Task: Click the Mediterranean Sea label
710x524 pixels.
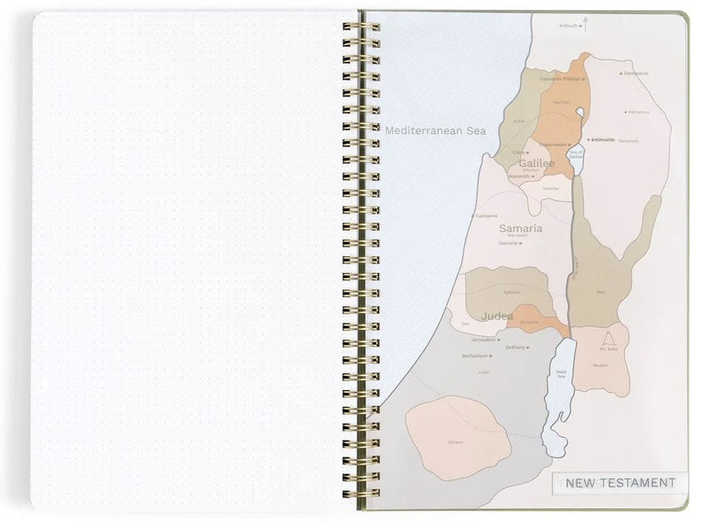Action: (436, 130)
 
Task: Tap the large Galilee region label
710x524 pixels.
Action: (536, 164)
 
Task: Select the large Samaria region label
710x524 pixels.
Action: (521, 228)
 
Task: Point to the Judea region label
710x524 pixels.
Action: (497, 315)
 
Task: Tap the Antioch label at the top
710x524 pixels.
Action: (568, 27)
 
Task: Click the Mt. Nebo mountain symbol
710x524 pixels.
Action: (607, 338)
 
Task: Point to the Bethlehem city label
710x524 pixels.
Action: (475, 356)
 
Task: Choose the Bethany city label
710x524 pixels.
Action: (515, 348)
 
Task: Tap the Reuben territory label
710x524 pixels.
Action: (600, 364)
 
